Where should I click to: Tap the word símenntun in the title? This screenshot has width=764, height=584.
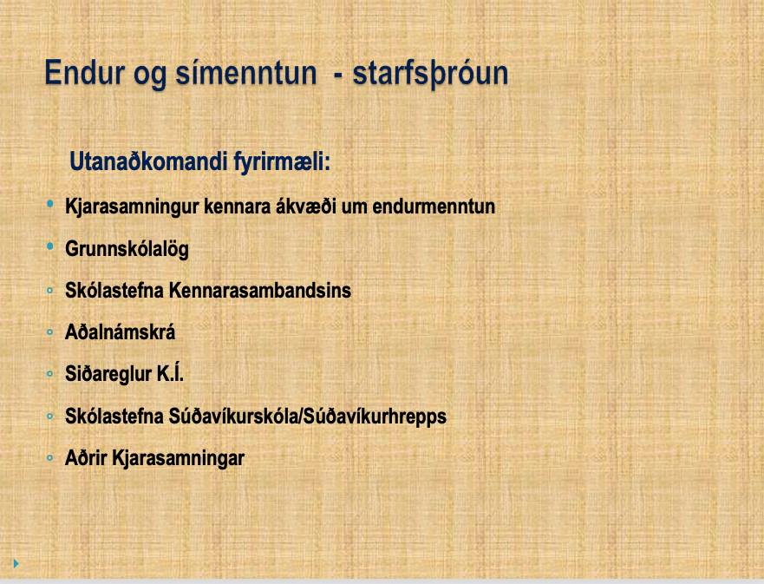[246, 73]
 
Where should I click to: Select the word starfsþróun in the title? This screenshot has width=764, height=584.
[430, 74]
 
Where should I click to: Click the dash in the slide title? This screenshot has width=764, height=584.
[337, 76]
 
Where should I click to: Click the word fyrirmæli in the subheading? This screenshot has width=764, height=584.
[282, 162]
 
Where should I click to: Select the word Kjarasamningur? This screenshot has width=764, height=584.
[132, 207]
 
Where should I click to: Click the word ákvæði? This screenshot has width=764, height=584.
[306, 207]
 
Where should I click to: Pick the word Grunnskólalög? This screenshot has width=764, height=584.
[127, 249]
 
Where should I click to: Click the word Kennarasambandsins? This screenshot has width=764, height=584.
[259, 291]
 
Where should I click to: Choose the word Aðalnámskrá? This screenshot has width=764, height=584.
[120, 332]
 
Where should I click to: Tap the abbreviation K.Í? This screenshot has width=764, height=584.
[170, 373]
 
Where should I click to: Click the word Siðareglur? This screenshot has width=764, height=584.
[108, 374]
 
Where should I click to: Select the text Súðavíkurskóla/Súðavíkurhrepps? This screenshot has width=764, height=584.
[308, 417]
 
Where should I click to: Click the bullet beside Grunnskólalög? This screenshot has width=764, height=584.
[50, 246]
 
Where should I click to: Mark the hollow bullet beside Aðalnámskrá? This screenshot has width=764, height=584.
[49, 332]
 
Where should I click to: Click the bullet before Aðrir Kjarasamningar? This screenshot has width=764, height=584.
[49, 458]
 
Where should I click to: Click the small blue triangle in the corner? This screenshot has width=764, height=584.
[16, 563]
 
